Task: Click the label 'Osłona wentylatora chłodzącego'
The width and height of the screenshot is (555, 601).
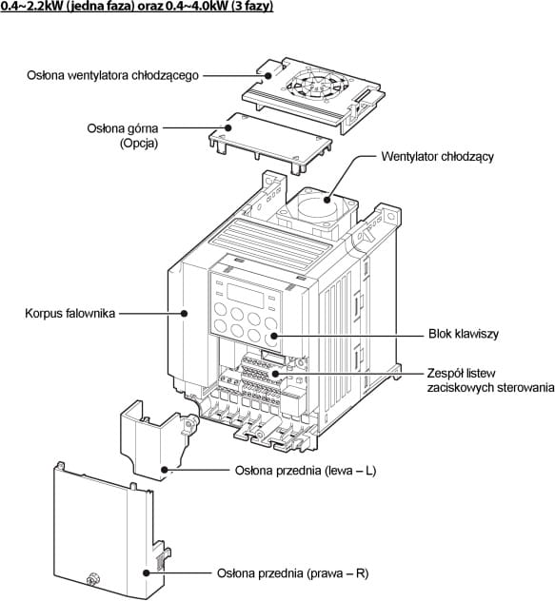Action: click(112, 75)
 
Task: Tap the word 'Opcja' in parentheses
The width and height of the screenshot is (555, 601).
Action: click(139, 144)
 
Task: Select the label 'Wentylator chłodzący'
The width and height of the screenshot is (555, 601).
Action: click(437, 156)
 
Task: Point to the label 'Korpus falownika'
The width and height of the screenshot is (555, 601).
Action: click(69, 313)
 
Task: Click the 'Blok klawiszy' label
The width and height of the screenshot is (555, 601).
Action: click(464, 334)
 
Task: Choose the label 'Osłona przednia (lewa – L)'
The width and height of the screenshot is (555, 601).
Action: click(306, 471)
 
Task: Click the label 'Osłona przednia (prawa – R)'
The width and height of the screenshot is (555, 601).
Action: click(292, 573)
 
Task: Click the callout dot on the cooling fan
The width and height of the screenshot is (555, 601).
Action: click(327, 200)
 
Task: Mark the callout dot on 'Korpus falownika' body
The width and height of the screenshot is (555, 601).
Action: click(185, 313)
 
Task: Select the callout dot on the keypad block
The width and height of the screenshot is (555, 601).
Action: click(273, 336)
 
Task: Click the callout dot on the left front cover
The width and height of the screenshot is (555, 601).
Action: click(165, 470)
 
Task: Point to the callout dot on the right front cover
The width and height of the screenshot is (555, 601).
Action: click(146, 573)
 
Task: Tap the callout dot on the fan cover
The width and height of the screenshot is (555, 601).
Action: click(268, 75)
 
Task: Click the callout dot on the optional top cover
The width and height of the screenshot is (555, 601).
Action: click(228, 127)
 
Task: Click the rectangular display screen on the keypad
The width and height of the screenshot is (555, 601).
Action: click(246, 296)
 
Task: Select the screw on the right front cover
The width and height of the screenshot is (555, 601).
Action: click(92, 579)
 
